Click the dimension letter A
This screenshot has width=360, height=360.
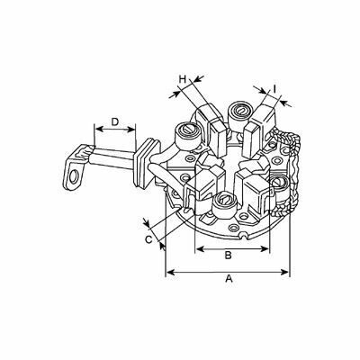pos(229,279)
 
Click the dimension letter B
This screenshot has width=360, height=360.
pos(229,256)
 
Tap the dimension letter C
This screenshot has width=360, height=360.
pos(149,239)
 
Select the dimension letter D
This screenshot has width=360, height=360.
pos(115,121)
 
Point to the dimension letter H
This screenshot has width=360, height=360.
pos(183,79)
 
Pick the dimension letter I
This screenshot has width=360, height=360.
pos(274,88)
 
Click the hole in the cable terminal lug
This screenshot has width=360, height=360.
pos(72,177)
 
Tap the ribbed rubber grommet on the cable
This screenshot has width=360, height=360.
pos(146,163)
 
